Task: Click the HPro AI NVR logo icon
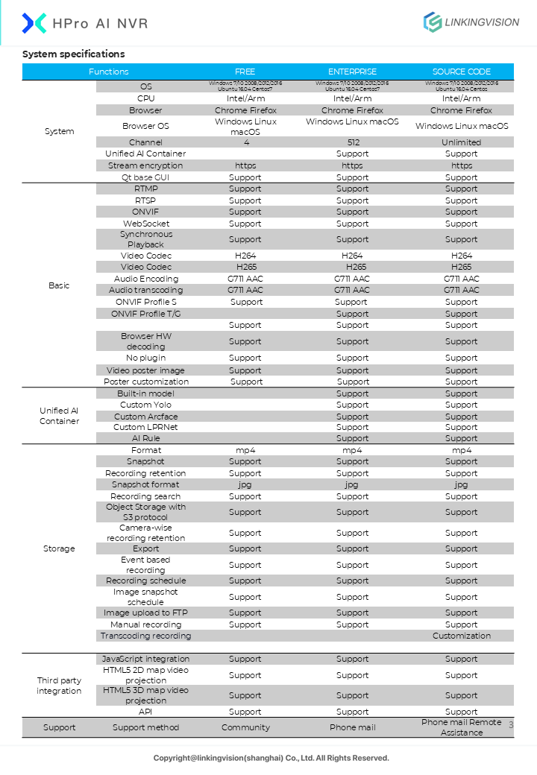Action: pyautogui.click(x=34, y=23)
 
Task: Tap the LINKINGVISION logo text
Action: pyautogui.click(x=481, y=22)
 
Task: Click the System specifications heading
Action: pyautogui.click(x=73, y=54)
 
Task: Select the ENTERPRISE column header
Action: pyautogui.click(x=352, y=72)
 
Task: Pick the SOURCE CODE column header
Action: pyautogui.click(x=461, y=72)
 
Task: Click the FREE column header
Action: pyautogui.click(x=245, y=72)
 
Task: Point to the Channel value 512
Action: pyautogui.click(x=352, y=142)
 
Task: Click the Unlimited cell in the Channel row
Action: pyautogui.click(x=461, y=142)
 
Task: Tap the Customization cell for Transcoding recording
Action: pyautogui.click(x=461, y=636)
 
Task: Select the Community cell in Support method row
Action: pyautogui.click(x=245, y=727)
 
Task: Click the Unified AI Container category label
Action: pyautogui.click(x=59, y=416)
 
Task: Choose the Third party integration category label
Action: pyautogui.click(x=59, y=686)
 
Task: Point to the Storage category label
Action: pyautogui.click(x=59, y=548)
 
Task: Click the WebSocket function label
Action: pyautogui.click(x=145, y=224)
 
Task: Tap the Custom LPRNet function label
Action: pyautogui.click(x=145, y=427)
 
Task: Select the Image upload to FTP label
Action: pyautogui.click(x=145, y=613)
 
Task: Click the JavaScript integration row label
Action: pyautogui.click(x=145, y=659)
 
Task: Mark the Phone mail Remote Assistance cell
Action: pyautogui.click(x=461, y=727)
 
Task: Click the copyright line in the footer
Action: pyautogui.click(x=271, y=758)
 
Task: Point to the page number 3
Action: pyautogui.click(x=512, y=724)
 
